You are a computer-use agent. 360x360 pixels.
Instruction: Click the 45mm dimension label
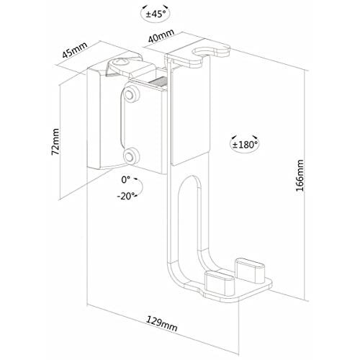click(x=75, y=50)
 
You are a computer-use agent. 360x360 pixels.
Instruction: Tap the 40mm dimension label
click(x=161, y=36)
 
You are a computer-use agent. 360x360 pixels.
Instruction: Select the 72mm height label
click(x=55, y=142)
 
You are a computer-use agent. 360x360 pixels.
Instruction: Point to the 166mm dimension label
click(x=300, y=176)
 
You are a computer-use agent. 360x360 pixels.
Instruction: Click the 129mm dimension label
click(x=162, y=324)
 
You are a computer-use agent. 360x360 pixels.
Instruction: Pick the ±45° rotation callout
click(x=156, y=14)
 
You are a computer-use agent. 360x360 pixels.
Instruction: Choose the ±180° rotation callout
click(x=245, y=144)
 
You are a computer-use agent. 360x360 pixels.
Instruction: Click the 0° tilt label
click(x=125, y=179)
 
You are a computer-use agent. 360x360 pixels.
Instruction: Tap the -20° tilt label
click(x=125, y=197)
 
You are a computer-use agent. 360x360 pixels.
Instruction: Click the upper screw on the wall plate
click(x=130, y=95)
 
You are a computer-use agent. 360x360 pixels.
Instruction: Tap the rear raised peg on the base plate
click(x=250, y=269)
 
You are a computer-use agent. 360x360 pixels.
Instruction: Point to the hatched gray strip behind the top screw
click(x=158, y=81)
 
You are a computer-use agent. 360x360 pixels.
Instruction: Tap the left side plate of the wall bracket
click(x=94, y=119)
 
